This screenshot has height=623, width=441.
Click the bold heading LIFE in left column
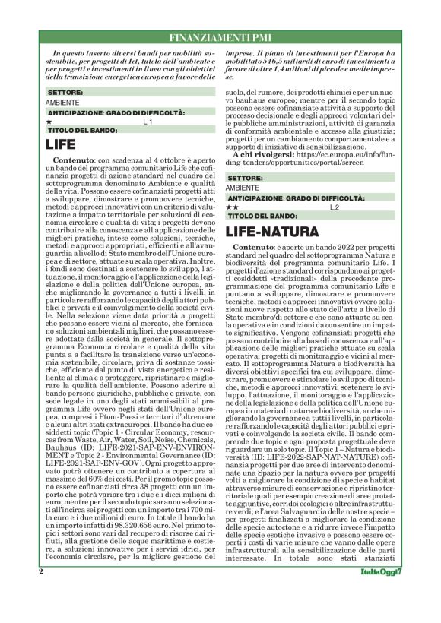tap(60, 143)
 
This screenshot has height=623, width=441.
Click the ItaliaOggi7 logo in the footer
tap(380, 592)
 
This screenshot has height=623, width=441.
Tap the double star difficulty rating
tap(233, 207)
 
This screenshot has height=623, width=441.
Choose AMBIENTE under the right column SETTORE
tap(243, 188)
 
